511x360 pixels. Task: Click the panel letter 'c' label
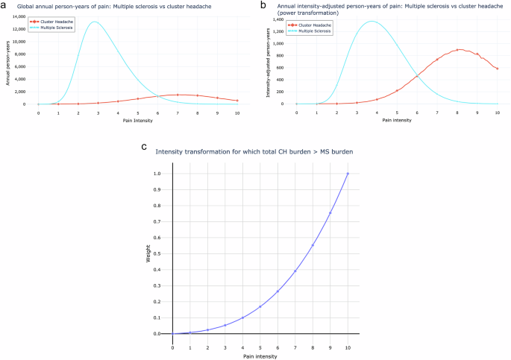pyautogui.click(x=143, y=146)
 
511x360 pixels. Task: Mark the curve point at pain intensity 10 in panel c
pyautogui.click(x=348, y=174)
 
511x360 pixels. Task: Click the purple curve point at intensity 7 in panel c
pyautogui.click(x=295, y=271)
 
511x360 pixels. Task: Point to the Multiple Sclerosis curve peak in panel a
pyautogui.click(x=94, y=22)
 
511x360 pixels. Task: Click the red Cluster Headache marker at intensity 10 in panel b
pyautogui.click(x=497, y=69)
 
